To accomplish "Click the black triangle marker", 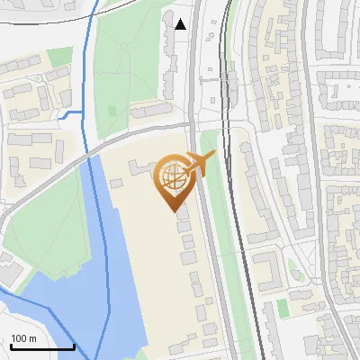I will (x=181, y=24).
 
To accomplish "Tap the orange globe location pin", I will (x=173, y=180).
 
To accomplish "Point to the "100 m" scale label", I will (x=23, y=338).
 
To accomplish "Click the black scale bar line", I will (x=42, y=346).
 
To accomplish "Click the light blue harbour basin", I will (x=99, y=270).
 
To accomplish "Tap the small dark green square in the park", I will (x=112, y=109).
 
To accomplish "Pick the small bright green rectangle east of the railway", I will (x=283, y=308).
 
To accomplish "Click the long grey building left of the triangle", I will (x=168, y=54).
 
